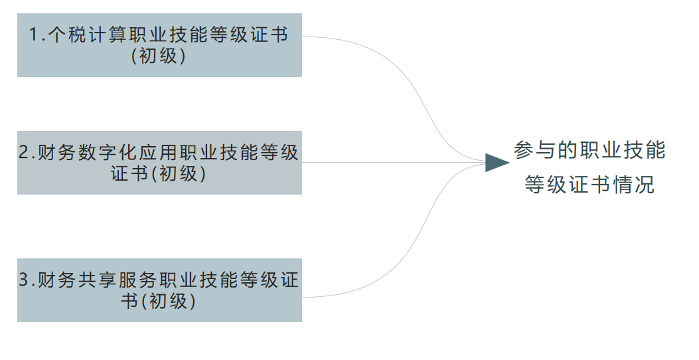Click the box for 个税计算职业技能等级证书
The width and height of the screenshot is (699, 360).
159,45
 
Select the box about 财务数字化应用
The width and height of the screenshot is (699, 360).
159,163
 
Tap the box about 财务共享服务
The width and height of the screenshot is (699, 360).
159,290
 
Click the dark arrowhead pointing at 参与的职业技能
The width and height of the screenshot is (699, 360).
496,162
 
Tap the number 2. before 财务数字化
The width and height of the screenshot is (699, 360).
27,153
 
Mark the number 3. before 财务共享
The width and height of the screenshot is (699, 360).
27,281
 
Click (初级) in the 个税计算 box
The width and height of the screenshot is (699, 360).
159,56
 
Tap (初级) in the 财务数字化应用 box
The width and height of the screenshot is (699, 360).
179,174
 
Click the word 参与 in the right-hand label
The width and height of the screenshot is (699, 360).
533,151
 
